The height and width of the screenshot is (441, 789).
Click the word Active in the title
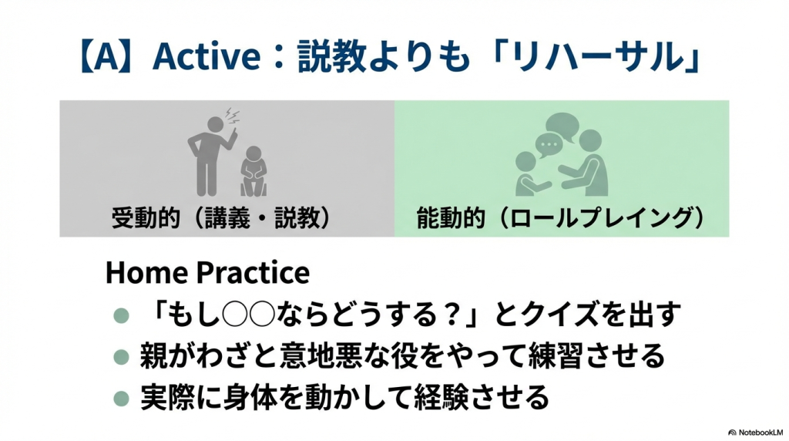pyautogui.click(x=206, y=56)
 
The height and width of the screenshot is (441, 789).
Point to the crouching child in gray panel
pyautogui.click(x=253, y=171)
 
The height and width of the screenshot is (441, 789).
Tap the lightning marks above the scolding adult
pyautogui.click(x=232, y=116)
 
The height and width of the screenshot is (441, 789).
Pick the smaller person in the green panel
pyautogui.click(x=529, y=174)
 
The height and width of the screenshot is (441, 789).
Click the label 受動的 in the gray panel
pyautogui.click(x=146, y=218)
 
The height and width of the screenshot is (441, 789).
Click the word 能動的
pyautogui.click(x=450, y=218)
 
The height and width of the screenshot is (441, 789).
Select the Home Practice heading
pyautogui.click(x=207, y=273)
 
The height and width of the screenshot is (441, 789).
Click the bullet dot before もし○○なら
pyautogui.click(x=121, y=315)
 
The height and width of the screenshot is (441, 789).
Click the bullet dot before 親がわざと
pyautogui.click(x=121, y=357)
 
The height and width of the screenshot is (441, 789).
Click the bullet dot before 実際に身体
pyautogui.click(x=121, y=398)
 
